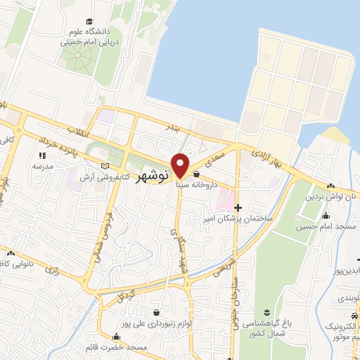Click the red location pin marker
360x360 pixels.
tap(181, 165)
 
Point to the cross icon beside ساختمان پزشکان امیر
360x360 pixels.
tap(238, 207)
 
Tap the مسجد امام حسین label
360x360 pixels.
tap(326, 226)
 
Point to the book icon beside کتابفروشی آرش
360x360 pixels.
tap(105, 166)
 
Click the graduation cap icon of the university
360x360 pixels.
tap(89, 21)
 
